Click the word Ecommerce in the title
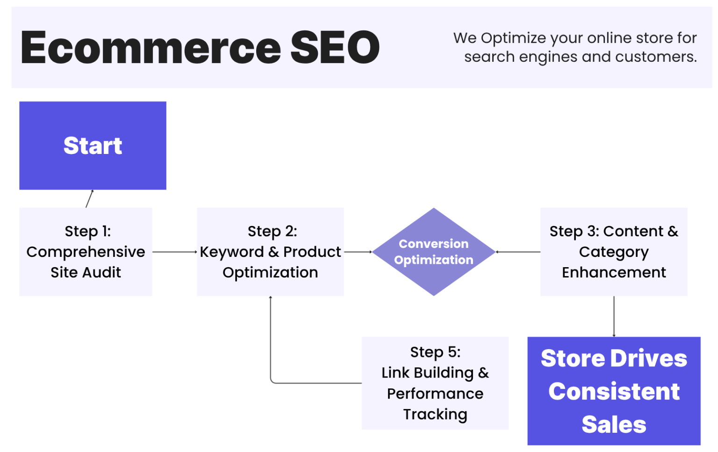151,48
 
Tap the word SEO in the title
335,48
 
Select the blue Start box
93,146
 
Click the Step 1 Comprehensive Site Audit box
86,252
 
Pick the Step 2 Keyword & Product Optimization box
270,252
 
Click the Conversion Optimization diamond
433,252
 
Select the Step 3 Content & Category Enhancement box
613,252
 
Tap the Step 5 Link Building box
435,383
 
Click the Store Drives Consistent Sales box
613,391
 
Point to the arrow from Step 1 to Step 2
174,252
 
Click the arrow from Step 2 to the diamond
358,252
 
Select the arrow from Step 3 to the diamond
518,252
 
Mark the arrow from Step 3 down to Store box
614,316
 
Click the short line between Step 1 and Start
89,199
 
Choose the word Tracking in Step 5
435,415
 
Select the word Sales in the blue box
613,424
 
